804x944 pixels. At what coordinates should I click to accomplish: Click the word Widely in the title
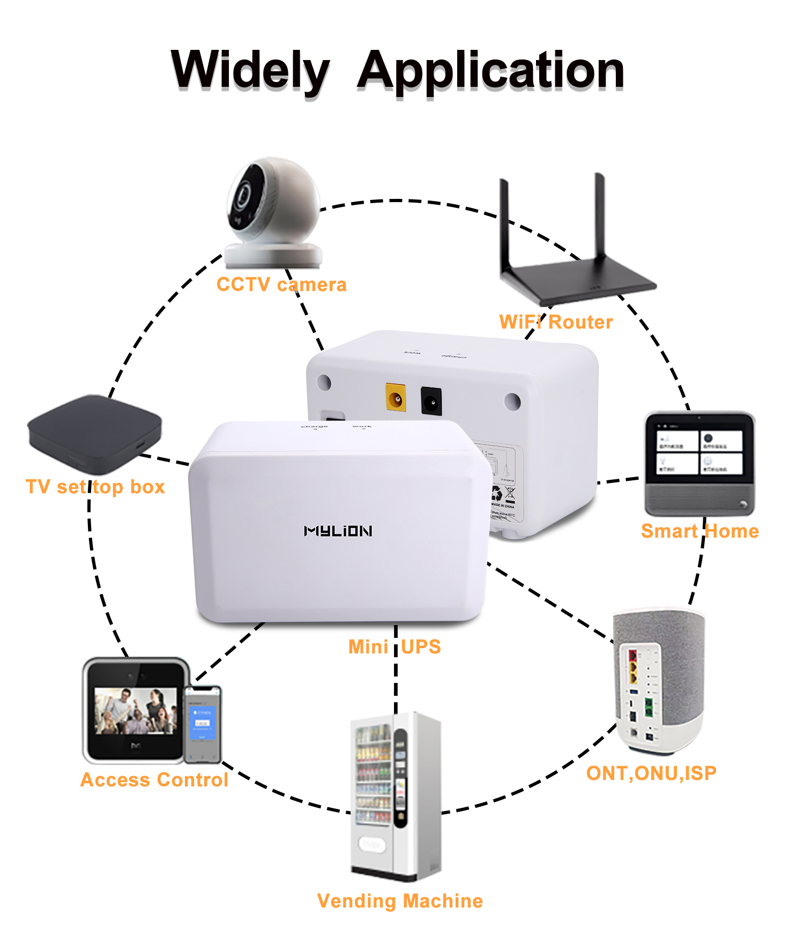point(250,70)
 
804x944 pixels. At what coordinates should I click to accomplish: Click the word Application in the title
point(490,71)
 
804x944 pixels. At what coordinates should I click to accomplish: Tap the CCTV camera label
point(281,285)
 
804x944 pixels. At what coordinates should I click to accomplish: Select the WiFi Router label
point(556,322)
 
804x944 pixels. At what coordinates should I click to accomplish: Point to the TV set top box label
point(95,487)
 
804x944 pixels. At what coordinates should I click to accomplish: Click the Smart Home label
point(699,531)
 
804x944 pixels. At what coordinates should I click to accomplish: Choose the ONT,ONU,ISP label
point(651,773)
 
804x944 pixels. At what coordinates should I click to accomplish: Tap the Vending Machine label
point(400,901)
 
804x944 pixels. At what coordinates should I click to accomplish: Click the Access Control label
point(154,780)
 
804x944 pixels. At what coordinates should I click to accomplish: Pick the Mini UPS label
point(394,647)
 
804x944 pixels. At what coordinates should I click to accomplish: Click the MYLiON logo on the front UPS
point(338,531)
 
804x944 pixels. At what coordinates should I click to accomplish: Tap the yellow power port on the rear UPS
point(396,398)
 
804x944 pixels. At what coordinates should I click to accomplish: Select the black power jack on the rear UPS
point(431,401)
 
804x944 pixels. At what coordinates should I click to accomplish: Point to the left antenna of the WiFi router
point(504,225)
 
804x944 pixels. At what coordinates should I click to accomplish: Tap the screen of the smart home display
point(699,452)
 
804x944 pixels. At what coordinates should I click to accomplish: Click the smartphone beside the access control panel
point(203,724)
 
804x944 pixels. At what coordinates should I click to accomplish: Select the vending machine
point(396,796)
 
